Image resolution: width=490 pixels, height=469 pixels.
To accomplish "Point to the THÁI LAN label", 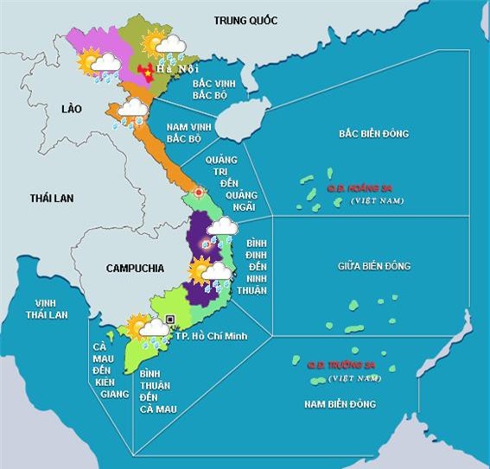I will pos(52,198).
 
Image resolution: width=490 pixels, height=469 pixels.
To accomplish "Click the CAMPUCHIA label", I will pos(135,268).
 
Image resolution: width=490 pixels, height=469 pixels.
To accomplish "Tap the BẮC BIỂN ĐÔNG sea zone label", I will pos(373,134).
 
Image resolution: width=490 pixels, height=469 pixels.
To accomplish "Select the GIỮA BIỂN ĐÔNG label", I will pos(373,266).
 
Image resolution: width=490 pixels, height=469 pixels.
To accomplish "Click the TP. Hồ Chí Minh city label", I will pos(212,335).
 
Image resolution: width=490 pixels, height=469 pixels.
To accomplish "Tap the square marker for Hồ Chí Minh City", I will pos(170,320).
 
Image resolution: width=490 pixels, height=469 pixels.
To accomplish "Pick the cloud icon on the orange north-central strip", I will pos(132,107).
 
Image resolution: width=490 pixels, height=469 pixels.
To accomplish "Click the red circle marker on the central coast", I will pos(200,191).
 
